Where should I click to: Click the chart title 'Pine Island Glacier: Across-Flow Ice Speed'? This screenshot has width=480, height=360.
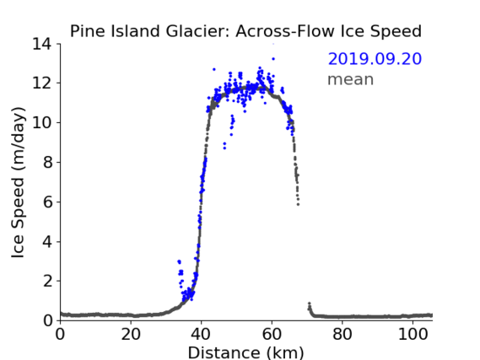pos(245,31)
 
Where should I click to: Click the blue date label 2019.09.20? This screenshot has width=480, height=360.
pos(375,59)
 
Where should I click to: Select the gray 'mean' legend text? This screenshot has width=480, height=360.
pos(351,79)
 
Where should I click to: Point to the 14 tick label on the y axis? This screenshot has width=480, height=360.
pos(42,45)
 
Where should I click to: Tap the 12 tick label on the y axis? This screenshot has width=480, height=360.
pos(42,83)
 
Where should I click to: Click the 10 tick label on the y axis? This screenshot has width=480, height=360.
pos(42,122)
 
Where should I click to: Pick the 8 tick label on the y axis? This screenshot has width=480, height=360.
pos(47,163)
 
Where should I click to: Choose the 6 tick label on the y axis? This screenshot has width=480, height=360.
pos(47,202)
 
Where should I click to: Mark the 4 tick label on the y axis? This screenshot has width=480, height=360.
pos(47,242)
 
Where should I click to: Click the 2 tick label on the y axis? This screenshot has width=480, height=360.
pos(47,281)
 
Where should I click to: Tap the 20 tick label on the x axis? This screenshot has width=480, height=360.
pos(131,335)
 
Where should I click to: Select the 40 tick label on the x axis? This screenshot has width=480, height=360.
pos(201,335)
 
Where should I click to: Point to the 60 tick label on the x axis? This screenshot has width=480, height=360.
pos(272,335)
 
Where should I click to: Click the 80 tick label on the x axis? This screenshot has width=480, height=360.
pos(342,335)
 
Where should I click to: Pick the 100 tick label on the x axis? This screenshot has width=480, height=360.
pos(413,335)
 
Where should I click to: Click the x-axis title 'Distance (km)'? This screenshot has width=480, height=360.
pos(245,352)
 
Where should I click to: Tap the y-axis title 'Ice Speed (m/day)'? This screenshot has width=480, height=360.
pos(18,183)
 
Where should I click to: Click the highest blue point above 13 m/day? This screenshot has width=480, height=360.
pos(273,59)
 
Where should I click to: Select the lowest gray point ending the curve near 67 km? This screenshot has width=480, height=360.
pos(298,204)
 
